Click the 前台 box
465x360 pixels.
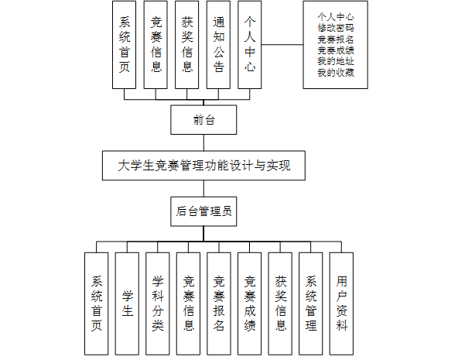203,120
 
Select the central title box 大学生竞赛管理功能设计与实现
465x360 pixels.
203,165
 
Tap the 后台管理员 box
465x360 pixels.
203,211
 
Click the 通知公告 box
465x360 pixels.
219,46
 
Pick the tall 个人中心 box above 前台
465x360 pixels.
249,46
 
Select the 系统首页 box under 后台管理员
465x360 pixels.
96,303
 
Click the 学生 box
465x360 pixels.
127,303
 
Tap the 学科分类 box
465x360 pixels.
158,303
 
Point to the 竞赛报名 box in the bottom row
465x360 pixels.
219,303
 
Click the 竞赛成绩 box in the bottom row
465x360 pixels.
250,303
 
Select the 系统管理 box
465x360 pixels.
311,303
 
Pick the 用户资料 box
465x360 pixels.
341,303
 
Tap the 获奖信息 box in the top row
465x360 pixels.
187,46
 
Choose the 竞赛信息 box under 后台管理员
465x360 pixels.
188,303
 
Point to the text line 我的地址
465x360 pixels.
336,61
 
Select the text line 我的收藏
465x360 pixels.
336,73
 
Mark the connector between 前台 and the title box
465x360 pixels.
203,142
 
